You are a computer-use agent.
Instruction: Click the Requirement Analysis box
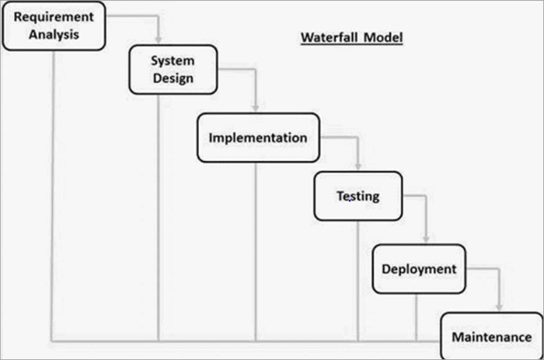(x=52, y=26)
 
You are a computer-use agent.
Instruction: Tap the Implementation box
(x=257, y=138)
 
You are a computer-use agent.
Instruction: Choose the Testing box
(x=357, y=196)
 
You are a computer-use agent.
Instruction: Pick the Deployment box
(x=418, y=269)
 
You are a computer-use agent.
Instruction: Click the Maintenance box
(x=491, y=337)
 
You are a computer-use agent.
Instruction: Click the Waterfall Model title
(x=351, y=37)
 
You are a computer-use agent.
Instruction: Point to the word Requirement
(x=52, y=17)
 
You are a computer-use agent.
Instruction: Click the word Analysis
(x=52, y=34)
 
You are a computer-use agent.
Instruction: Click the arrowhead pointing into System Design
(x=159, y=40)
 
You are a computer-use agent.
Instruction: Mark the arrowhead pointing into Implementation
(x=256, y=108)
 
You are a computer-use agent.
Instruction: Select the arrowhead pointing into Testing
(x=357, y=166)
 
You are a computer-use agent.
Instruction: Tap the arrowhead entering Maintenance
(x=499, y=308)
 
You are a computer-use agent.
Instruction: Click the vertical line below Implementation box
(x=256, y=249)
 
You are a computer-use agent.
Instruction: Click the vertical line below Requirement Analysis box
(x=52, y=194)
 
